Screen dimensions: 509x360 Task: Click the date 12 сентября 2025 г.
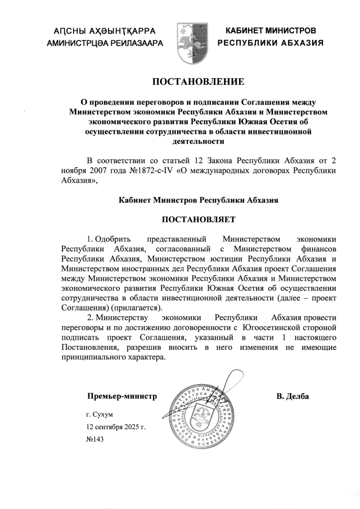[112, 427]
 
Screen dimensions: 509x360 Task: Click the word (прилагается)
[136, 308]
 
